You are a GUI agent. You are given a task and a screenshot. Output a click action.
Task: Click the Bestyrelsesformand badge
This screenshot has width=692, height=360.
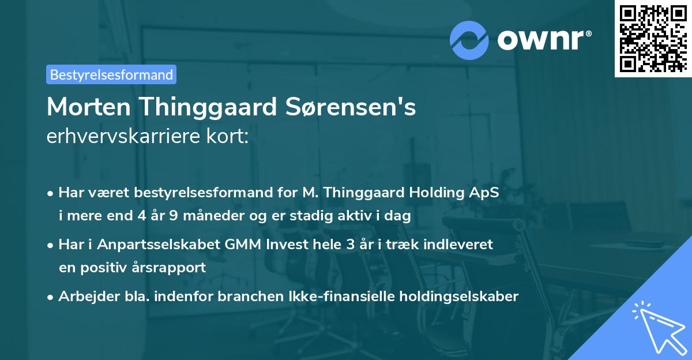click(111, 74)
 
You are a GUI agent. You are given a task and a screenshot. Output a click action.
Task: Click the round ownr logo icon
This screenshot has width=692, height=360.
click(469, 40)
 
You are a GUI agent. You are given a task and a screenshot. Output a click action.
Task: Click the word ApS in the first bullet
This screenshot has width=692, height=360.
click(484, 193)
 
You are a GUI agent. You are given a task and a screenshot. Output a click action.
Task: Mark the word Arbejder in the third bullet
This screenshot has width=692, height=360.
click(84, 297)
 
